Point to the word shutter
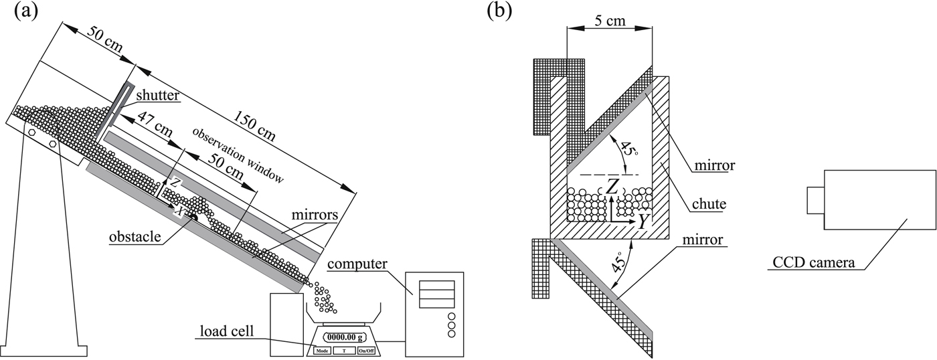pos(159,96)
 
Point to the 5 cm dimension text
pos(609,21)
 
